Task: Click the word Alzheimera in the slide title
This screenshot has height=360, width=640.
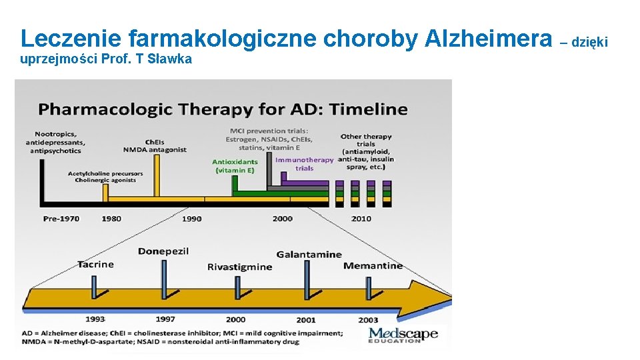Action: (x=489, y=38)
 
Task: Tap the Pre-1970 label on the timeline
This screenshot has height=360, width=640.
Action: (x=61, y=219)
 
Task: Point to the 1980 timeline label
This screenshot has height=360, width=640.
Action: (x=111, y=219)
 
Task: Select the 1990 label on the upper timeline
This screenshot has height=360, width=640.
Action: (x=191, y=219)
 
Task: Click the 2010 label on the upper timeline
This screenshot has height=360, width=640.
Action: (x=361, y=219)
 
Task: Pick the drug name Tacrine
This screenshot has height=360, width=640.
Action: (x=95, y=264)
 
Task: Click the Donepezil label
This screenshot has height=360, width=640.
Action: (x=163, y=251)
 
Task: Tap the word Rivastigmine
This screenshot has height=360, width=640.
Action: (x=239, y=267)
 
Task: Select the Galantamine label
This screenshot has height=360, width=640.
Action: (x=309, y=254)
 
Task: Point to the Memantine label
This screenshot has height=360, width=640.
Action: (x=373, y=265)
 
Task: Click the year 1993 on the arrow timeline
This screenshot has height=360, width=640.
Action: (x=95, y=319)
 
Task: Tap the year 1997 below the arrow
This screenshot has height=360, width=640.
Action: (x=165, y=319)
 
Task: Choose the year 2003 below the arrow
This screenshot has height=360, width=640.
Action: (x=368, y=320)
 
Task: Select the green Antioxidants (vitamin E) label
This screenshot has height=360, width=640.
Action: (x=235, y=166)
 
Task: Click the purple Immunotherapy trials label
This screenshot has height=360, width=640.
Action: (x=304, y=163)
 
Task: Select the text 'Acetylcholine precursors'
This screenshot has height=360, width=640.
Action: (x=105, y=174)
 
